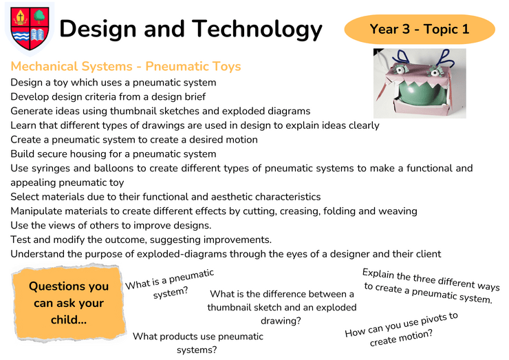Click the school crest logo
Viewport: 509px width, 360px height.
click(30, 29)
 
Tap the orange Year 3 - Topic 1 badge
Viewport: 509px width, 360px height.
click(420, 29)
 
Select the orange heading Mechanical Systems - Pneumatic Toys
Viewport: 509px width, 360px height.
click(126, 66)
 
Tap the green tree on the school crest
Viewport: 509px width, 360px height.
click(39, 16)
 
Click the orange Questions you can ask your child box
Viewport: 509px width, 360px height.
click(69, 303)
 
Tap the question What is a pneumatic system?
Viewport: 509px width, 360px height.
click(170, 284)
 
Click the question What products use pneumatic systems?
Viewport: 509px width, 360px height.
click(197, 343)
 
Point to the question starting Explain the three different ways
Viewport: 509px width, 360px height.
click(431, 286)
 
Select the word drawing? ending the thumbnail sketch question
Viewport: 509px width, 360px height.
click(281, 321)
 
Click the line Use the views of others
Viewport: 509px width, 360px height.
click(111, 225)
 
